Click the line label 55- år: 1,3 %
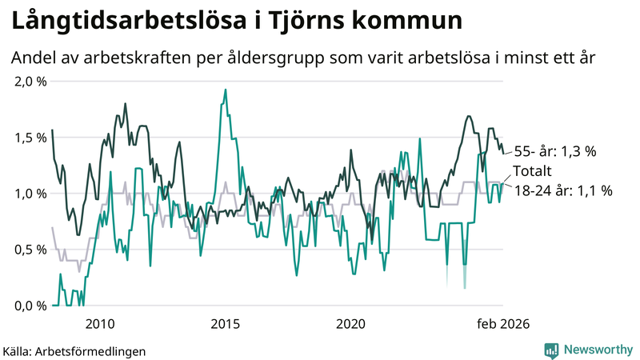point(556,150)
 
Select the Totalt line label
point(534,171)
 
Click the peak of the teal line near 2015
point(226,90)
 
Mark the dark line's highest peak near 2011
point(126,104)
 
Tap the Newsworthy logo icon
point(551,350)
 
